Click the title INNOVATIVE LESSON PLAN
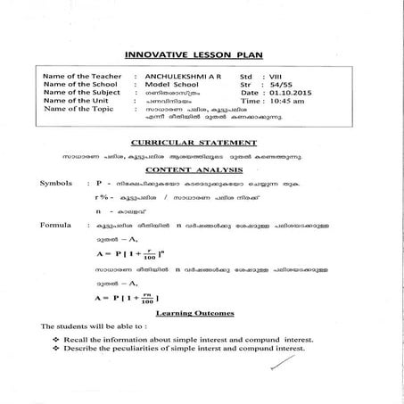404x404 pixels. click(x=202, y=53)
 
